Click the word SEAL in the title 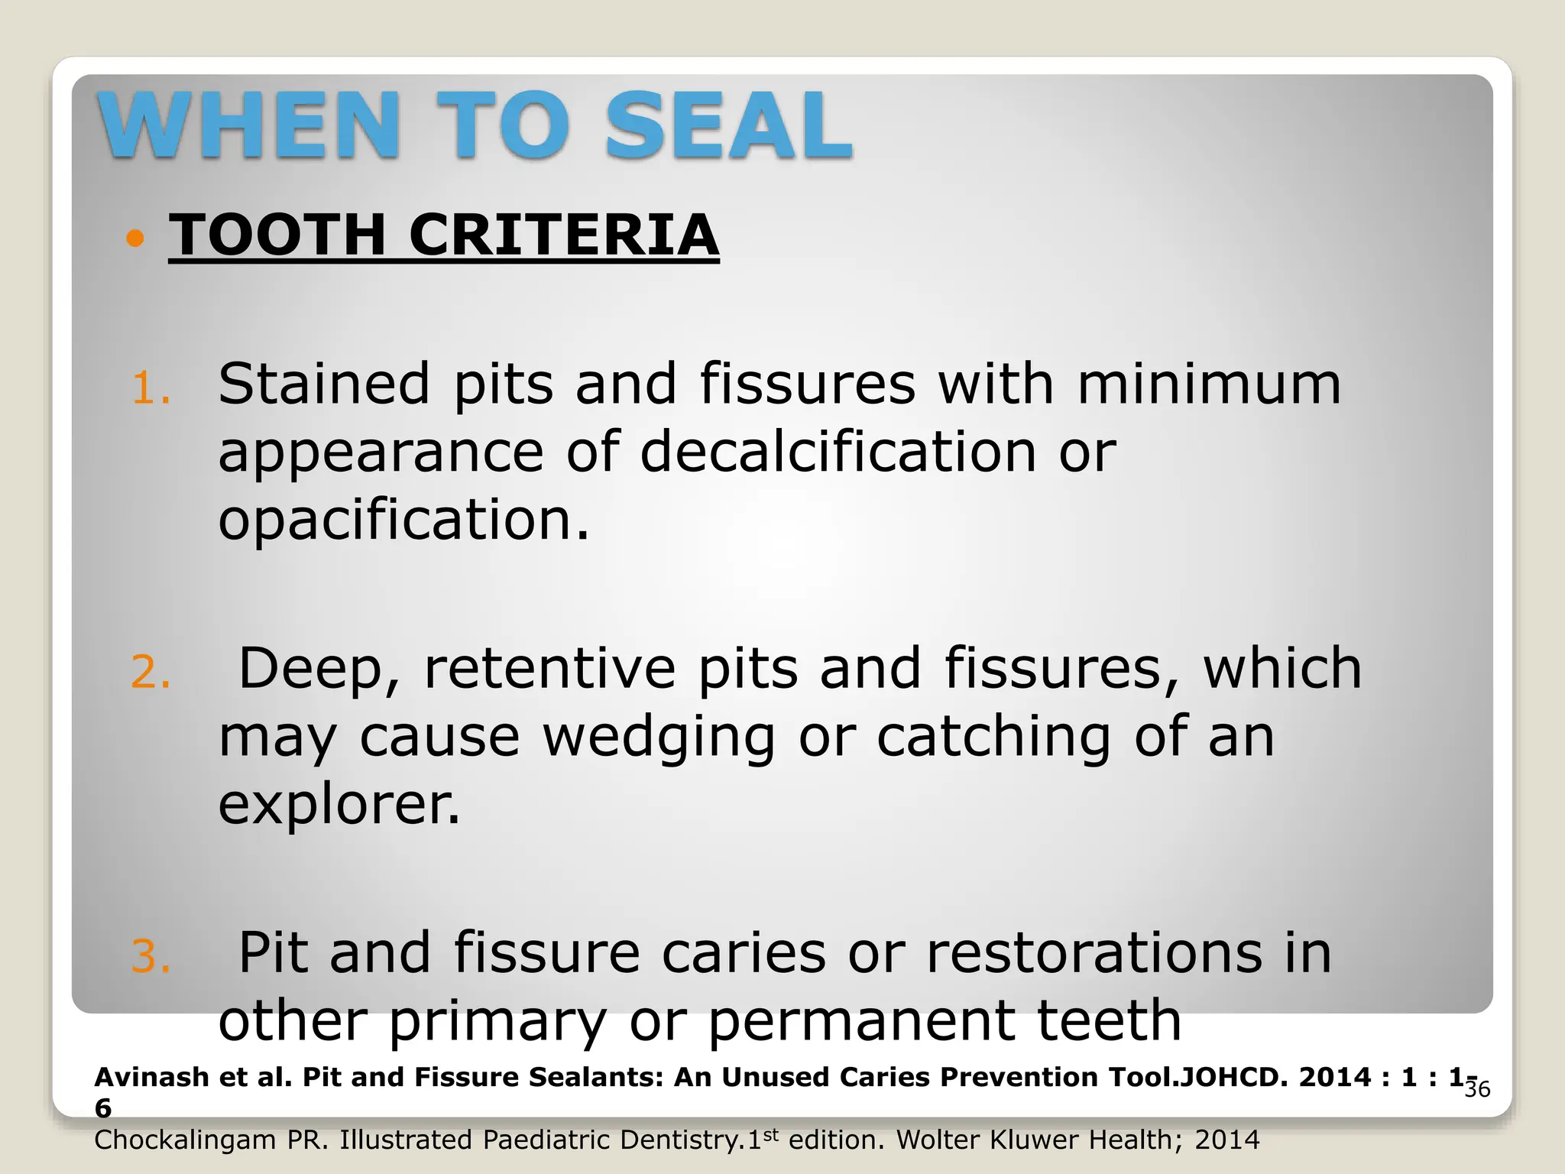[728, 125]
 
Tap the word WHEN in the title [249, 125]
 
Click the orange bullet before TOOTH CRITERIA [135, 238]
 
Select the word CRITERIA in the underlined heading [564, 235]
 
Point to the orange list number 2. [151, 673]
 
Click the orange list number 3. [151, 957]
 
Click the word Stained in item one [324, 384]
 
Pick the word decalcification [838, 451]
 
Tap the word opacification [403, 520]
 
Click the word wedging [659, 738]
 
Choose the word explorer [339, 806]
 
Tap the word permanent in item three [861, 1021]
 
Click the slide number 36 [1477, 1089]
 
